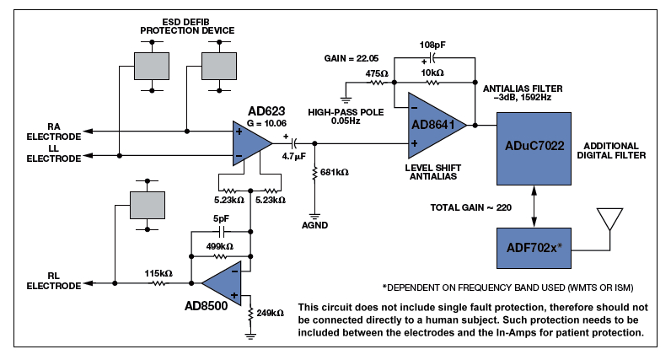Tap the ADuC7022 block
click(534, 147)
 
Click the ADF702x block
click(534, 249)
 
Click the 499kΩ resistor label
click(222, 246)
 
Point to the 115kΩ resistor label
click(158, 274)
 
